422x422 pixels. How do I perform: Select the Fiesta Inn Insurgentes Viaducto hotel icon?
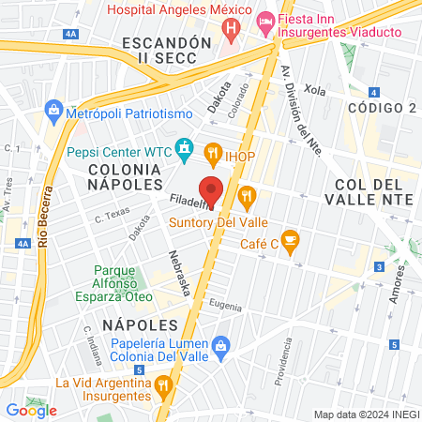tap(265, 20)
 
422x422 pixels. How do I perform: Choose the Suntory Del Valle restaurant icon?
tap(248, 196)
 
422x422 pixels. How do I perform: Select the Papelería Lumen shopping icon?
tap(220, 345)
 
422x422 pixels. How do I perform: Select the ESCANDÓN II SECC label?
tap(161, 51)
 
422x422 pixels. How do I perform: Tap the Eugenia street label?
tap(226, 307)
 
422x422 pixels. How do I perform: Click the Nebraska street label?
tap(180, 272)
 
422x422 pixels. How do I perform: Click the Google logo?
tap(31, 410)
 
